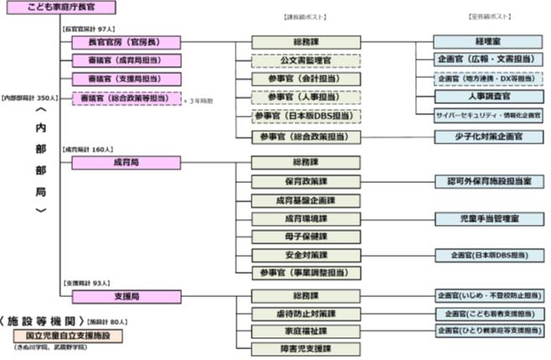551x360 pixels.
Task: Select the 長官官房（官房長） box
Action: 126,42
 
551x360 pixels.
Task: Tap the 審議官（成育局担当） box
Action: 126,60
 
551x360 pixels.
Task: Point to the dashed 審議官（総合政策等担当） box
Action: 126,98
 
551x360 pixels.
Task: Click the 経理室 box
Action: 487,42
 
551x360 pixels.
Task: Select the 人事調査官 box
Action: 487,97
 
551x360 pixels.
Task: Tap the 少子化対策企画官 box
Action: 487,136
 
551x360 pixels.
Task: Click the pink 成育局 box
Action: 126,162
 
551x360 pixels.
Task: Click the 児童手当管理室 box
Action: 487,218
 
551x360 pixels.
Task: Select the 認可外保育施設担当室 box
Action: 487,181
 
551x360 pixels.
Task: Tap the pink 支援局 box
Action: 126,296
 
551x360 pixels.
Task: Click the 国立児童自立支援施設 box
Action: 67,335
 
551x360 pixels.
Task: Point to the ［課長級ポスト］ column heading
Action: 305,17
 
